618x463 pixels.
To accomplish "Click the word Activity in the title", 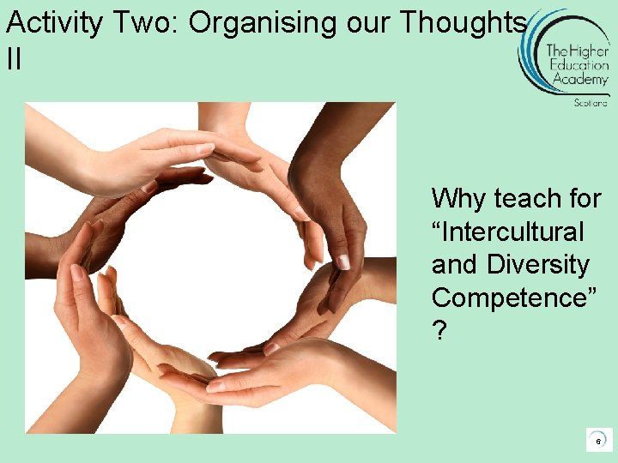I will coord(49,23).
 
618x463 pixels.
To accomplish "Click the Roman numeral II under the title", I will coord(13,59).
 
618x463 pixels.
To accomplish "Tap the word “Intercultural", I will coord(507,231).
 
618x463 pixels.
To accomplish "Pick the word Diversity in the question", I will coord(538,265).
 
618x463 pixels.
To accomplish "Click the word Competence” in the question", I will coord(512,298).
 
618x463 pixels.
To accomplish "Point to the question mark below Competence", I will coord(439,331).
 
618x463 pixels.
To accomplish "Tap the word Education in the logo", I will coord(579,65).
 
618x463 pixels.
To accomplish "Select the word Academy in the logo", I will coord(580,79).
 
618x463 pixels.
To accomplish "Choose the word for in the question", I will coord(584,199).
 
